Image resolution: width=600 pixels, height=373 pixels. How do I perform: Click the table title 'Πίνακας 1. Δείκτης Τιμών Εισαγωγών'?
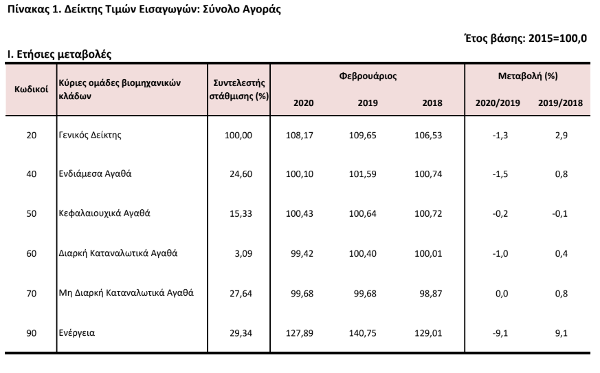(102, 10)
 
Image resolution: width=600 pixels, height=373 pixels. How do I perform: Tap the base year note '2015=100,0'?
(557, 39)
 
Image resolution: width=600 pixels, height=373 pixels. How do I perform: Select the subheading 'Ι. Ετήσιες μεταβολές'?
(59, 54)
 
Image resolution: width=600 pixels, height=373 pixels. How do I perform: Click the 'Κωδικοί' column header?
(32, 89)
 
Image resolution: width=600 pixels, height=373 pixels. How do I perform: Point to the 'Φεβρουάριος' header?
(368, 76)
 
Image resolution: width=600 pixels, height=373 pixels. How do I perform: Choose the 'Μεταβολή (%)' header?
(528, 76)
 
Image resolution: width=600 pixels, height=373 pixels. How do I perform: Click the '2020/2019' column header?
(498, 103)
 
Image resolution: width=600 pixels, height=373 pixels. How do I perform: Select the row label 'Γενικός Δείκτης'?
(90, 135)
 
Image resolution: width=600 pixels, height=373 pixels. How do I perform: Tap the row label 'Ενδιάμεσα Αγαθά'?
(95, 173)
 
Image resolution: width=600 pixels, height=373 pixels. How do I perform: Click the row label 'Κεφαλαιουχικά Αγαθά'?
(104, 213)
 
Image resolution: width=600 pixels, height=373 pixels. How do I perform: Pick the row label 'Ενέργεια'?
(76, 333)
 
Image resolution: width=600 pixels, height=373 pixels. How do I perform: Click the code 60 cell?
(32, 253)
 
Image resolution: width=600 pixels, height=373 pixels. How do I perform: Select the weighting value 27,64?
(241, 293)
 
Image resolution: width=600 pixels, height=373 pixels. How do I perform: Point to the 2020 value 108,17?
(299, 136)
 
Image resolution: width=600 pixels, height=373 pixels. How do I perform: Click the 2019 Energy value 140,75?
(362, 333)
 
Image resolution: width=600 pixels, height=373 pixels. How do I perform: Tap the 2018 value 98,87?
(431, 293)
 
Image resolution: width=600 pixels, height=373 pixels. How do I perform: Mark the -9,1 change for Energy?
(500, 333)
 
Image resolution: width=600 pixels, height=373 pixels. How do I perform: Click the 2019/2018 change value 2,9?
(562, 136)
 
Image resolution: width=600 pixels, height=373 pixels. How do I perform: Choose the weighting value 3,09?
(243, 253)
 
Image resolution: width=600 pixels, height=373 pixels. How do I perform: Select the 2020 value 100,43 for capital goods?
(299, 213)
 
